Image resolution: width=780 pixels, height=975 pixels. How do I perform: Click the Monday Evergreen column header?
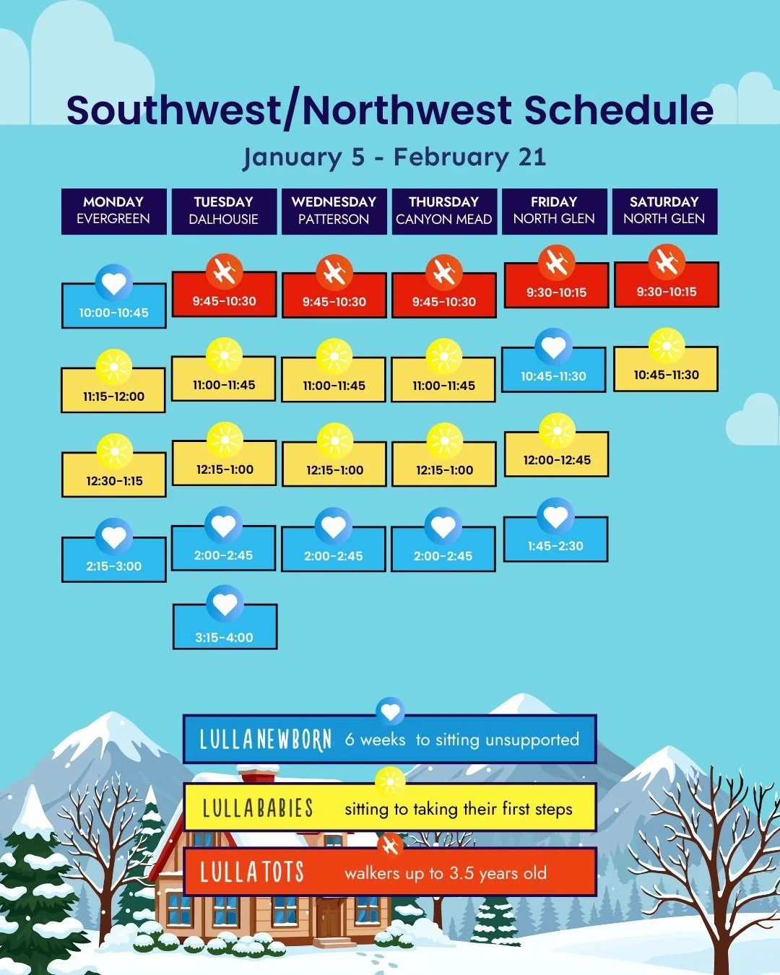coord(113,211)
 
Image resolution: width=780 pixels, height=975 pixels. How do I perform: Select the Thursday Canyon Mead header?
coord(443,211)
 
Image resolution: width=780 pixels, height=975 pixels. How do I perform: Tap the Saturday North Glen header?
coord(664,211)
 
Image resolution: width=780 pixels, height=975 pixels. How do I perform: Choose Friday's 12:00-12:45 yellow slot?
coord(556,459)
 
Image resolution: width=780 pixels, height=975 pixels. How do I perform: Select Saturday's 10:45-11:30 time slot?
coord(666,374)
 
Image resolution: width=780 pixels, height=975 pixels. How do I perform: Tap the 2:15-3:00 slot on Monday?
coord(113,565)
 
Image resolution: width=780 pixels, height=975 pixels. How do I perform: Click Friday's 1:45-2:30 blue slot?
coord(555,545)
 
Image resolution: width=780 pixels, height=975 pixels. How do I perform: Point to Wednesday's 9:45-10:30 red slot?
coord(334,300)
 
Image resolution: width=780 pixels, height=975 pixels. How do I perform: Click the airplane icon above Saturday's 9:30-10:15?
coord(666,261)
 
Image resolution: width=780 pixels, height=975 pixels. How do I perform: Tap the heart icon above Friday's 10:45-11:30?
coord(554,347)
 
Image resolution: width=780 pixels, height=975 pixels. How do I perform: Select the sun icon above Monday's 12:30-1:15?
coord(114,452)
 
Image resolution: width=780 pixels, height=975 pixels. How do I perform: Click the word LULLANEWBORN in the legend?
coord(265,740)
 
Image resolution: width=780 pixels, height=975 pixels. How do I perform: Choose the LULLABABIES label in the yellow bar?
coord(257,808)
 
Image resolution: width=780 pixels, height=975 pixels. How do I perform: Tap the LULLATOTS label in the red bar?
coord(251,872)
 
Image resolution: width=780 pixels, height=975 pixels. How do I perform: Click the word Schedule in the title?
coord(618,110)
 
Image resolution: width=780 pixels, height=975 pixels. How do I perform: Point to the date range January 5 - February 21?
coord(394,157)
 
